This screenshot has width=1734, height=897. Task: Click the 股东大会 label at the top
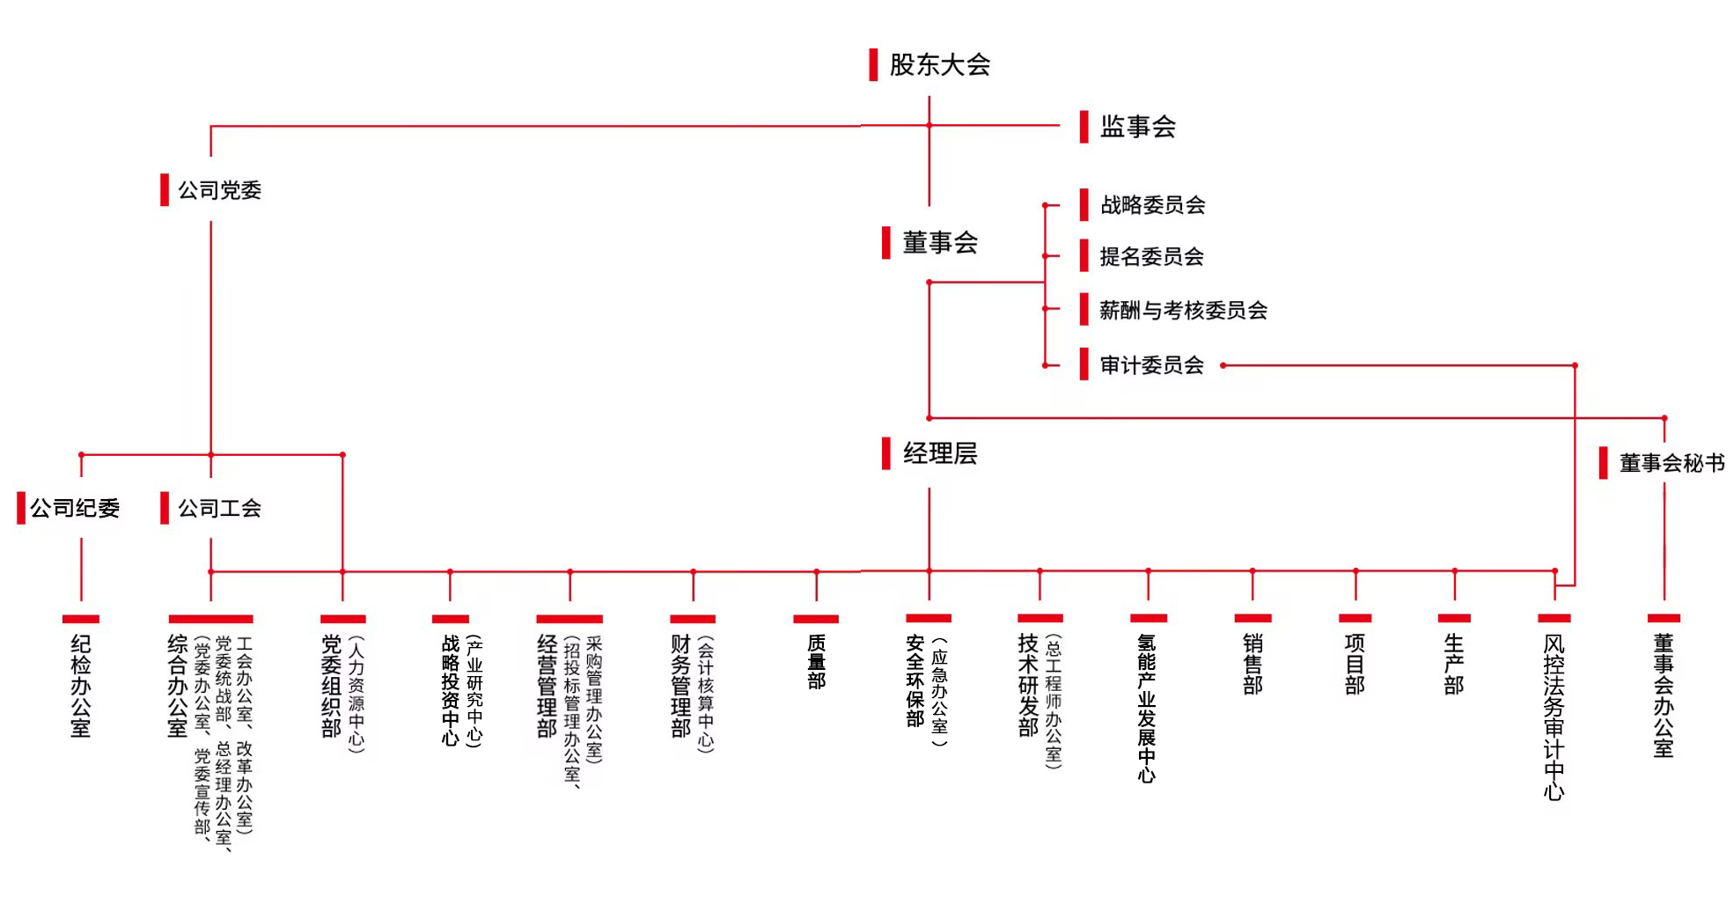point(939,64)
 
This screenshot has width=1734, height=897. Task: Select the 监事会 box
point(1137,127)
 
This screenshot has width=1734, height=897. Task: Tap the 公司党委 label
point(219,190)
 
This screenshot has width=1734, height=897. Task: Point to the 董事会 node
point(940,243)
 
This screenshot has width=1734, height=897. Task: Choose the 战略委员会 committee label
point(1152,205)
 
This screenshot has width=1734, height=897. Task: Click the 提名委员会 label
point(1151,257)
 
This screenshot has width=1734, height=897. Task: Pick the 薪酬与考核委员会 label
point(1183,310)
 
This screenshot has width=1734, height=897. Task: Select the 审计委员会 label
point(1151,365)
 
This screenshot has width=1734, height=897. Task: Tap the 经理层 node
point(940,454)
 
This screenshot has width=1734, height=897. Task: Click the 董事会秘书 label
point(1672,463)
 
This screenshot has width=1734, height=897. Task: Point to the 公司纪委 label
point(75,508)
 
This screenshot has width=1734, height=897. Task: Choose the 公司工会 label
point(219,508)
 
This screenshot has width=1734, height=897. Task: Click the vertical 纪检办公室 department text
point(81,686)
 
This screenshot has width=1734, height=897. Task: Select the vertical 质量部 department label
point(817,662)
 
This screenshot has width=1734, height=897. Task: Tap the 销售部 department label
point(1253,664)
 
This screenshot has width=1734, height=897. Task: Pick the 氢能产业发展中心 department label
point(1147,709)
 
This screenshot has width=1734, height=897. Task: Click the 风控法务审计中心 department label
point(1554,717)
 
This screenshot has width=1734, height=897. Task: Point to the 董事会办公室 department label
point(1663,696)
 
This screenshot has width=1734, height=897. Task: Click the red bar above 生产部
point(1454,618)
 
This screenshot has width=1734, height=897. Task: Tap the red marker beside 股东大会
point(873,64)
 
